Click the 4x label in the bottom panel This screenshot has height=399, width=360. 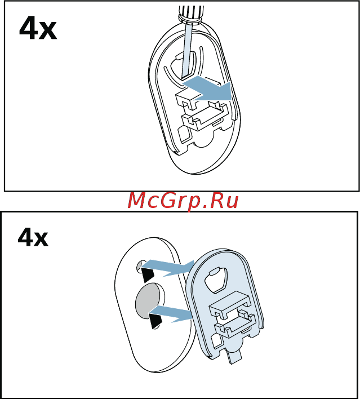(33, 237)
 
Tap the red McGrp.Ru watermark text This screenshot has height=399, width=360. (183, 201)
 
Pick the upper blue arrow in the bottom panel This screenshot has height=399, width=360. (168, 268)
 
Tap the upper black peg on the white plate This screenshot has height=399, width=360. (148, 274)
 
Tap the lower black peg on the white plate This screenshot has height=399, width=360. (155, 321)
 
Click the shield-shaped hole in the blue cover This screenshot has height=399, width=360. (216, 280)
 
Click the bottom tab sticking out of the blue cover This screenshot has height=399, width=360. (235, 354)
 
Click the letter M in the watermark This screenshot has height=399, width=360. (137, 201)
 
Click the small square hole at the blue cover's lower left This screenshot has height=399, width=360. (216, 341)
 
